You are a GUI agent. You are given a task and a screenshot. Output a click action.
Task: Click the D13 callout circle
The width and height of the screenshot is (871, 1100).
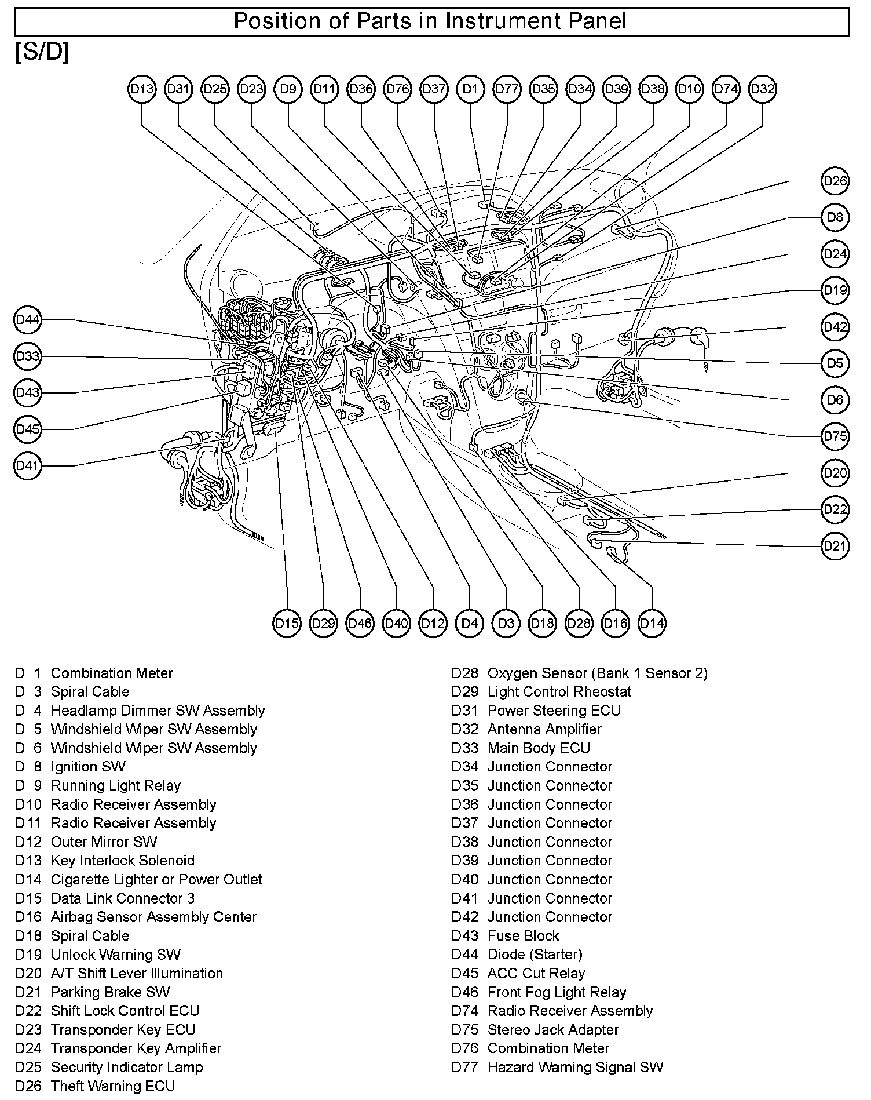[x=142, y=89]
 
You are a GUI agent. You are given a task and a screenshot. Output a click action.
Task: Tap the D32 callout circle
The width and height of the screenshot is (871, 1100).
[x=762, y=89]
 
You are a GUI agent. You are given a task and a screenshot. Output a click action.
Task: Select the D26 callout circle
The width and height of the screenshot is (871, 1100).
[x=835, y=181]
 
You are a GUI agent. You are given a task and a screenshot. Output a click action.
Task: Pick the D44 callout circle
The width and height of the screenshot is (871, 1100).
[x=28, y=320]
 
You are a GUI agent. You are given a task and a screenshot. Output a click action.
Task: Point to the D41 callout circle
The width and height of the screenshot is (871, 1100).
[x=28, y=465]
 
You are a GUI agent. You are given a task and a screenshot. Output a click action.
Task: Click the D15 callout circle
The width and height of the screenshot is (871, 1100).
[x=287, y=623]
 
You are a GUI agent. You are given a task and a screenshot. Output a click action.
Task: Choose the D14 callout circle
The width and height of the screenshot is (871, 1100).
[x=652, y=623]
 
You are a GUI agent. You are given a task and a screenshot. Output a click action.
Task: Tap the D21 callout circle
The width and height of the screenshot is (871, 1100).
[x=835, y=546]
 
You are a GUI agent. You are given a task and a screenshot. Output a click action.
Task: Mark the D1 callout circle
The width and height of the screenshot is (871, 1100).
[x=470, y=89]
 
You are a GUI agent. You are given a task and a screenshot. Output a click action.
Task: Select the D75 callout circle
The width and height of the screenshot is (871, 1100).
[x=835, y=436]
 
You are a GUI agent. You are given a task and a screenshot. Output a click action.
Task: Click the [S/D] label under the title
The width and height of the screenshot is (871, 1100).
[x=42, y=53]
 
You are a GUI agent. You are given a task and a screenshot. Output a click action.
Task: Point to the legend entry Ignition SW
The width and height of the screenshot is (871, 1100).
[x=88, y=767]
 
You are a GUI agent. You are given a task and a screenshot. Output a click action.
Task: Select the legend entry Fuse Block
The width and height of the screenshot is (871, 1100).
[x=523, y=936]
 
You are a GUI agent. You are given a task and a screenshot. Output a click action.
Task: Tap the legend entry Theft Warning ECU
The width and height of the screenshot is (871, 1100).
[x=112, y=1086]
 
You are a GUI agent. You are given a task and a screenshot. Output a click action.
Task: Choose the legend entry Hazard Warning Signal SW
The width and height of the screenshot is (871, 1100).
[x=575, y=1068]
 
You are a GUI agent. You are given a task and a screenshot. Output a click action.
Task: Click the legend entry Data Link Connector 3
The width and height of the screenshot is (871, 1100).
[x=123, y=898]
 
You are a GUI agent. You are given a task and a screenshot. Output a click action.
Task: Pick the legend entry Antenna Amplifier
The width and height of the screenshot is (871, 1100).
[x=544, y=729]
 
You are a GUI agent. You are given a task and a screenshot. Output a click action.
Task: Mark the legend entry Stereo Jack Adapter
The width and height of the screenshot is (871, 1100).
[x=553, y=1030]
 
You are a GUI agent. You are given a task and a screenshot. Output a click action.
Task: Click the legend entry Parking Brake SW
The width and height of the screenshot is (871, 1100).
[x=110, y=992]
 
